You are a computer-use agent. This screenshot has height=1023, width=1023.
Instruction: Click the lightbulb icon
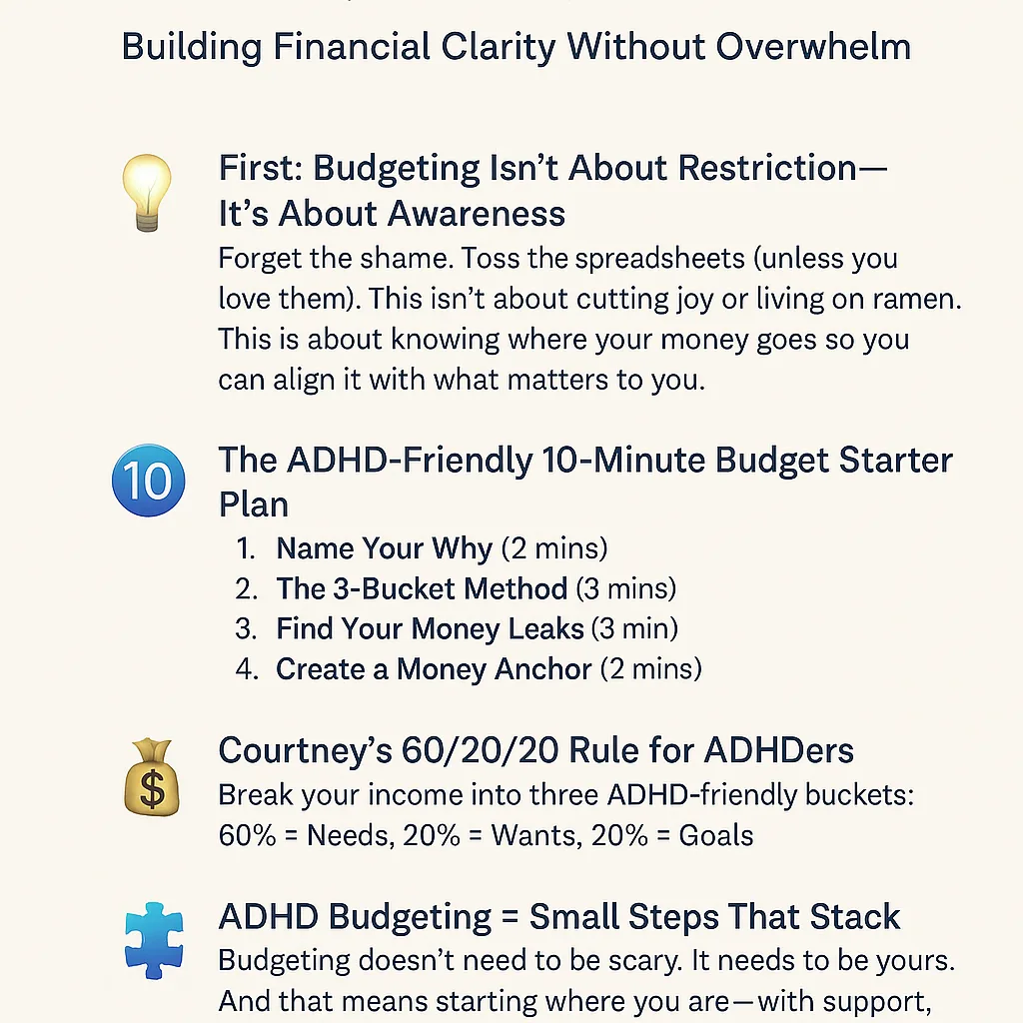point(147,193)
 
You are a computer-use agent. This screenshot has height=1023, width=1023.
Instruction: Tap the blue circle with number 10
point(149,481)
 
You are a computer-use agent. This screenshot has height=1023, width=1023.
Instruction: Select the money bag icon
point(152,777)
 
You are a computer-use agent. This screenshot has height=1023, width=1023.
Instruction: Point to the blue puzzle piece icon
point(154,940)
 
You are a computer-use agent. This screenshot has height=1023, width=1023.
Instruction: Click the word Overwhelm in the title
point(813,47)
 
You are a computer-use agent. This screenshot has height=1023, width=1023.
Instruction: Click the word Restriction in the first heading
point(767,168)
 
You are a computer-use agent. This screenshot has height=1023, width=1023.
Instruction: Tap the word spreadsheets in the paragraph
point(659,259)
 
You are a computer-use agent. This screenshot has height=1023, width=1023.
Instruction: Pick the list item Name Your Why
point(385,548)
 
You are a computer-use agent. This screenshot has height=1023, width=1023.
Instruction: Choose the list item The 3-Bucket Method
point(422,588)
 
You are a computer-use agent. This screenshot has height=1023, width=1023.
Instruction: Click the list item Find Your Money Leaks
point(430,629)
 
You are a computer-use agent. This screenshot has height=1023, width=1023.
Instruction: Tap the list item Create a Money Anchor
point(434,669)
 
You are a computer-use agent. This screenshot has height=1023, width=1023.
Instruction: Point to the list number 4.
point(247,669)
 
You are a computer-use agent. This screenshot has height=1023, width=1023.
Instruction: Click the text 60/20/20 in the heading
point(480,750)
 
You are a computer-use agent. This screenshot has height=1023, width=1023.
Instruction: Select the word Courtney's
point(306,750)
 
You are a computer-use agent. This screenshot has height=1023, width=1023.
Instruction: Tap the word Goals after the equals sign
point(715,836)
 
